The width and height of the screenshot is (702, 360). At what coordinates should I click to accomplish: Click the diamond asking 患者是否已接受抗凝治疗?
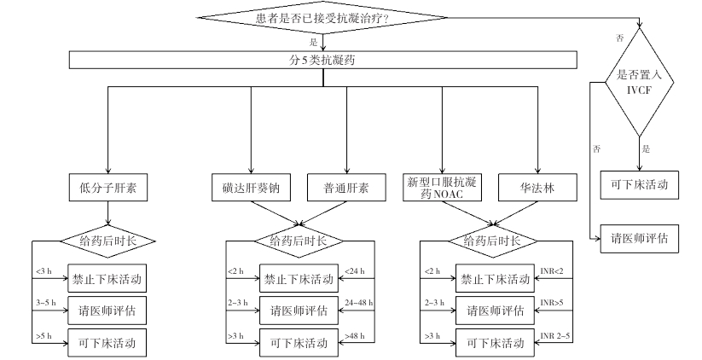pos(322,18)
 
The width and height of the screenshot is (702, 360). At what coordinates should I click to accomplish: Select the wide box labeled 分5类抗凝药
pos(322,60)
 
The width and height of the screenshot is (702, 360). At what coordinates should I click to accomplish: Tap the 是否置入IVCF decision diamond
pos(640,83)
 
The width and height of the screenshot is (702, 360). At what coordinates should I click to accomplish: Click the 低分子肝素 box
pos(107,188)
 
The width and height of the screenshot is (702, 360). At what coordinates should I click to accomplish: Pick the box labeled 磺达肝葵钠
pos(251,188)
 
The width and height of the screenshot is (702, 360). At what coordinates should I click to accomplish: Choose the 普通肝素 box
pos(346,188)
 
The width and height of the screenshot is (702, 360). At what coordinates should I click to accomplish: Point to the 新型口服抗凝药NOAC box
pos(443,188)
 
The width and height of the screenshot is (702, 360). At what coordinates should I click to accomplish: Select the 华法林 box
pos(537,188)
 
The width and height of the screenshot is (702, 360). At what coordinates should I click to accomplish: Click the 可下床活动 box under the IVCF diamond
pos(640,184)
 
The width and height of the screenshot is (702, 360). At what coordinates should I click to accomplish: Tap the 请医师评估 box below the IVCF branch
pos(640,239)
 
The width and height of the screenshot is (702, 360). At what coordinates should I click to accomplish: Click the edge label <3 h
pos(44,271)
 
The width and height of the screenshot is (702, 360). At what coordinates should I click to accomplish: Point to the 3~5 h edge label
pos(46,303)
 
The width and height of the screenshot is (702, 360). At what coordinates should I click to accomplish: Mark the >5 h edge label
pos(44,336)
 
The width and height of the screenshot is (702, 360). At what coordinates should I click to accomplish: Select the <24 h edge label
pos(355,271)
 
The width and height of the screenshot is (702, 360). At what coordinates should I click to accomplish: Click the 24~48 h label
pos(358,303)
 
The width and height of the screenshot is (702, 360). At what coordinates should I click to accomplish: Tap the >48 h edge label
pos(355,336)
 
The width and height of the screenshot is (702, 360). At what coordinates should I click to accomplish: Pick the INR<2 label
pos(552,271)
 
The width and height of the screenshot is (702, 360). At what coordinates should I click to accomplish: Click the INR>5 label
pos(552,303)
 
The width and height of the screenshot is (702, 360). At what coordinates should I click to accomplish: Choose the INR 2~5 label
pos(555,336)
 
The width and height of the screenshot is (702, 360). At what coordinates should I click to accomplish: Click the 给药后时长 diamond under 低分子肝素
pos(107,241)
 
